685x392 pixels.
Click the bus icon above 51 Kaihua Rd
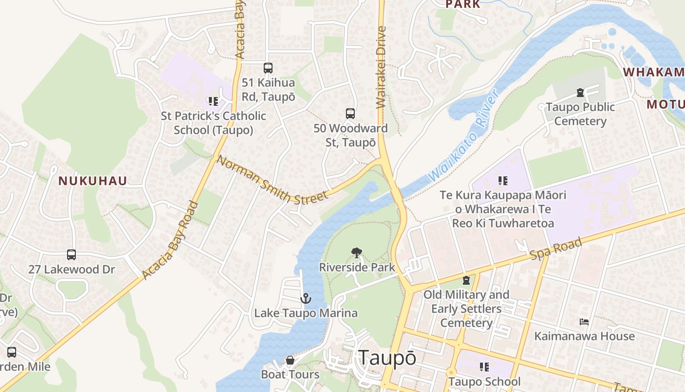(x=268, y=68)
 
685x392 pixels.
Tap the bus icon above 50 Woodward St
(x=350, y=114)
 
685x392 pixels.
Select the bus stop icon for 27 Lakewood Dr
(x=71, y=255)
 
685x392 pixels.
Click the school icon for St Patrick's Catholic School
(x=213, y=101)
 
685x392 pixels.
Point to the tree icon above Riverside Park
(x=357, y=253)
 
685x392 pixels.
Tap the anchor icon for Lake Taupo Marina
(x=306, y=298)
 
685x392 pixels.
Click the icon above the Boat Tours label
(x=290, y=361)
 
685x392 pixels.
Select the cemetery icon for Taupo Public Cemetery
(x=580, y=92)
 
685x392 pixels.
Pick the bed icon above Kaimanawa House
(x=584, y=322)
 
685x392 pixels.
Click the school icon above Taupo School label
(x=484, y=367)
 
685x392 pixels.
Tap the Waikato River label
(x=462, y=137)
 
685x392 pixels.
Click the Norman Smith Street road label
(x=272, y=180)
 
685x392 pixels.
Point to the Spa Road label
(x=556, y=249)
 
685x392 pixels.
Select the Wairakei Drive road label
(x=382, y=67)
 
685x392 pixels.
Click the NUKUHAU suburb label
(x=93, y=181)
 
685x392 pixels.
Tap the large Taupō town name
(x=387, y=358)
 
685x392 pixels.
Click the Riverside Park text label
(x=357, y=268)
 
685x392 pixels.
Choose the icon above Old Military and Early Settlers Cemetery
(x=466, y=280)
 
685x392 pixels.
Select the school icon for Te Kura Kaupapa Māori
(x=503, y=181)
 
